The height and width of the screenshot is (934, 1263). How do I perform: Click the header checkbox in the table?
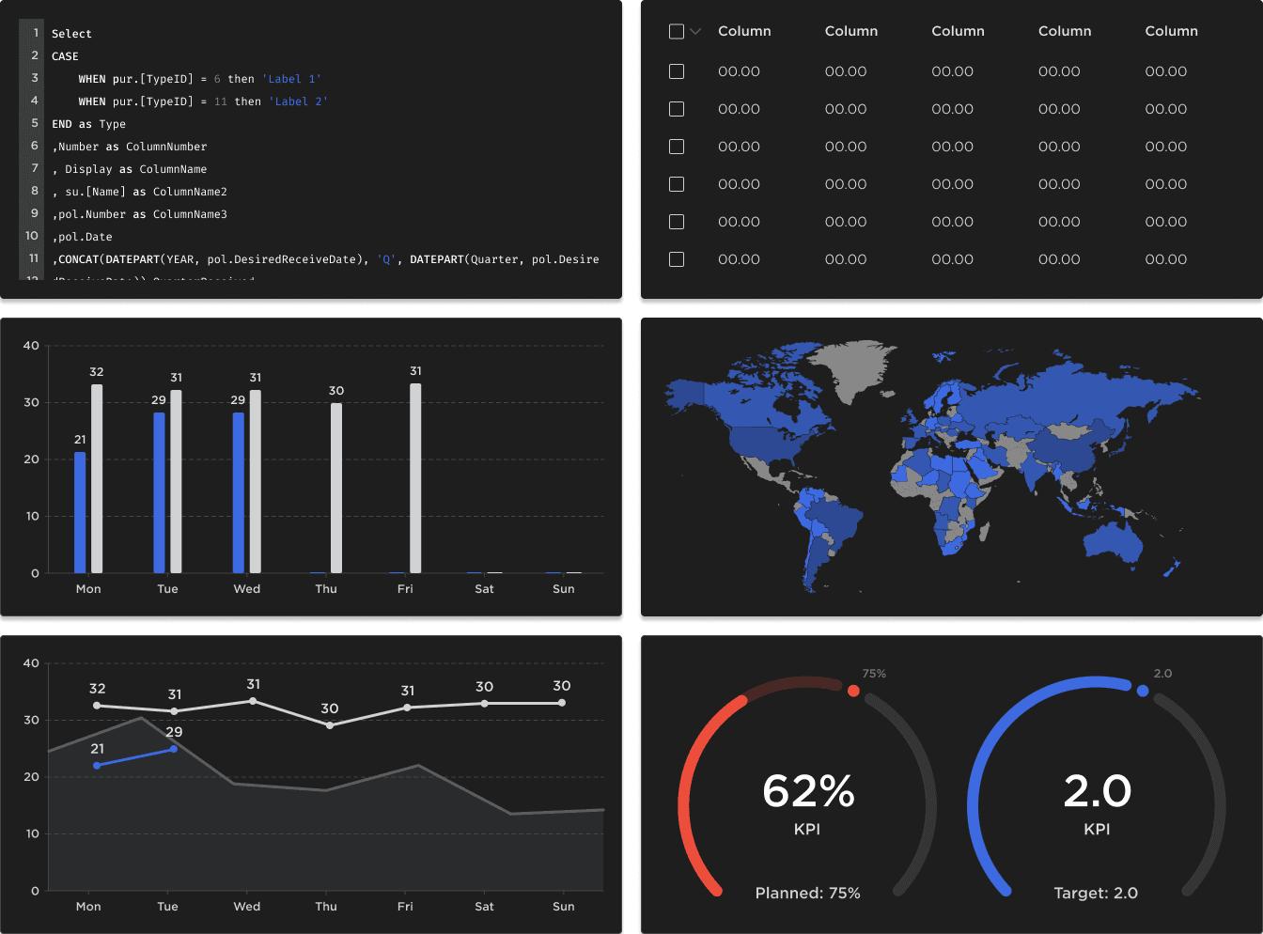coord(676,32)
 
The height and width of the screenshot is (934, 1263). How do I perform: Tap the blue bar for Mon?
coord(80,512)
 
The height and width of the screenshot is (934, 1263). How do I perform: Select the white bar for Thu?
coord(336,489)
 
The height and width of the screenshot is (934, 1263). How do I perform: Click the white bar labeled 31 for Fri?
coord(415,479)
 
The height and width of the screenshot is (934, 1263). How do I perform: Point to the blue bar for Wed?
coord(239,493)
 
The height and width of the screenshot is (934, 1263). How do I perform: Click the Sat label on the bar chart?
coord(484,589)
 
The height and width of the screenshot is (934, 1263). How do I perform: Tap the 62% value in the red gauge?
coord(808,791)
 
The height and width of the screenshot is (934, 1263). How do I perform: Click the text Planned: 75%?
coord(807,893)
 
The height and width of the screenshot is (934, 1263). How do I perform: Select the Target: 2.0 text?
coord(1096,893)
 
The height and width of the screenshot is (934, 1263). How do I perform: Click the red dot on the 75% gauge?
coord(853,691)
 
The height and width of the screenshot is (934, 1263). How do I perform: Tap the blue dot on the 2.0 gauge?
coord(1143,691)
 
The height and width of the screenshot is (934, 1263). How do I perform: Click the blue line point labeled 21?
coord(97,766)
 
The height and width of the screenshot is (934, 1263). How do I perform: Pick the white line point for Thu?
coord(329,725)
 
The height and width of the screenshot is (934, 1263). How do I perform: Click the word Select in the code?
coord(71,34)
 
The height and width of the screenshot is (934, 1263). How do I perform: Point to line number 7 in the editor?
coord(35,168)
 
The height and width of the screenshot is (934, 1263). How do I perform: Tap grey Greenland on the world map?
coord(850,366)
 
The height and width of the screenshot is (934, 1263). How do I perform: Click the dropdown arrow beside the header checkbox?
coord(695,32)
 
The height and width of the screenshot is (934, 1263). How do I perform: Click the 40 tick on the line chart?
coord(31,663)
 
